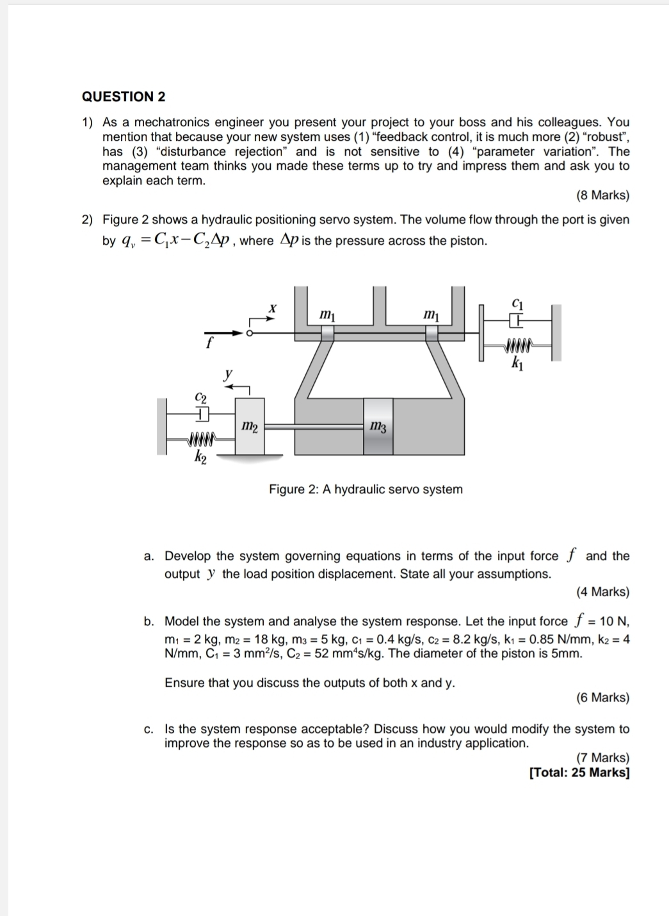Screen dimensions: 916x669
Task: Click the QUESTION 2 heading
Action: click(x=124, y=97)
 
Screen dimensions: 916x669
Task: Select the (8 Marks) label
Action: click(x=602, y=195)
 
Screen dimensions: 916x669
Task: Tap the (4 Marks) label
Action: click(x=602, y=592)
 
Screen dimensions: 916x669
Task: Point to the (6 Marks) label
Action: click(x=602, y=698)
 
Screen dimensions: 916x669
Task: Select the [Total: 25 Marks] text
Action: click(x=579, y=773)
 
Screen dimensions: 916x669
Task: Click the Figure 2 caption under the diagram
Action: click(x=366, y=489)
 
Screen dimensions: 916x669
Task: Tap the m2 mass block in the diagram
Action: click(x=250, y=426)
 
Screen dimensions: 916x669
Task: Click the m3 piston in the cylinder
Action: click(x=378, y=427)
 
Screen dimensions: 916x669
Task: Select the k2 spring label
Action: click(x=200, y=457)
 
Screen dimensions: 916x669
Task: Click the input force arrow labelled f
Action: click(x=224, y=333)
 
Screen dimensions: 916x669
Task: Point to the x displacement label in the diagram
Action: click(x=272, y=308)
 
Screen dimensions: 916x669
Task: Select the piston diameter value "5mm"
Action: click(x=567, y=653)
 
